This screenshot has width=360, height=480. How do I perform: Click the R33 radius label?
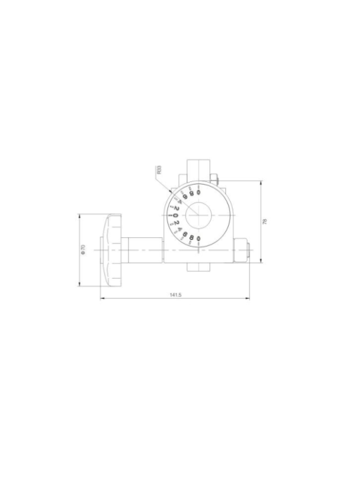[x=159, y=170]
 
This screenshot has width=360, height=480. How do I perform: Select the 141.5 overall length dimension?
[x=175, y=294]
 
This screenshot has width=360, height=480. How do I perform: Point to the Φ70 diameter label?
[x=83, y=249]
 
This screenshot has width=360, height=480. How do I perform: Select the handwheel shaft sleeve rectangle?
[x=143, y=249]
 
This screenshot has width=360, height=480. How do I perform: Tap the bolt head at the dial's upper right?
[x=215, y=179]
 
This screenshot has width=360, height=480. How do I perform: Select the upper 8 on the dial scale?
[x=192, y=194]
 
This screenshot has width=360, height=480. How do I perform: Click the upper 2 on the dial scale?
[x=177, y=207]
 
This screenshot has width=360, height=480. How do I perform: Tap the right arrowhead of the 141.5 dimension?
[x=247, y=298]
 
